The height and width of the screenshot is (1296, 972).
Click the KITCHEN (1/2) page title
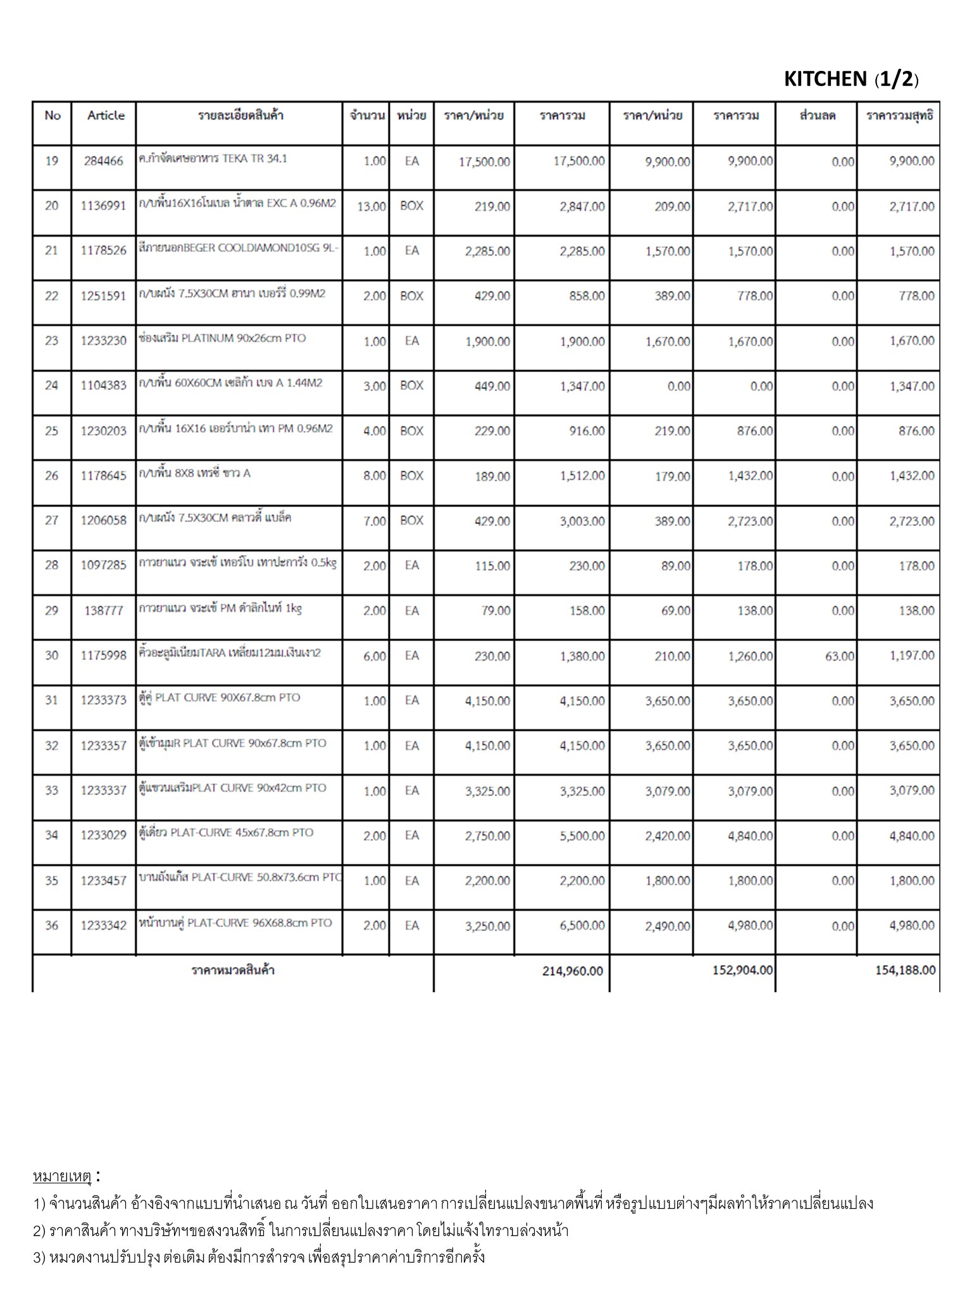tap(850, 79)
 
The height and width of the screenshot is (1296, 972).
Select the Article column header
tap(106, 115)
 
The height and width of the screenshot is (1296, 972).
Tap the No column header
tap(53, 115)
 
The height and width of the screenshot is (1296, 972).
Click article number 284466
tap(104, 161)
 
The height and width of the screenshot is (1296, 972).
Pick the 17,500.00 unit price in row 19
tap(484, 162)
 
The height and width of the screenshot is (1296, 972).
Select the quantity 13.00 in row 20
tap(371, 207)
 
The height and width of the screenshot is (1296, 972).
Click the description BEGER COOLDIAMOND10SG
tap(239, 249)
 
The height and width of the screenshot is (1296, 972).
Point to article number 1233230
tap(104, 341)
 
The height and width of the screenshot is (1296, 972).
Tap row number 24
tap(52, 385)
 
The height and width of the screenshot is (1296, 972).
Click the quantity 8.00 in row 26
tap(375, 476)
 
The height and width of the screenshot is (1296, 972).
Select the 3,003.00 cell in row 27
tap(582, 521)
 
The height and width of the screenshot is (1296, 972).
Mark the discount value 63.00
tap(839, 656)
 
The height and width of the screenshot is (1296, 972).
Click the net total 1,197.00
tap(912, 656)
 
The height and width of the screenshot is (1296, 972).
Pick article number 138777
tap(104, 611)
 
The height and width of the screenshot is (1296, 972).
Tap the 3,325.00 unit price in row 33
tap(487, 791)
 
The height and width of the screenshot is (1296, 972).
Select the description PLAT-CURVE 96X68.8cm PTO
tap(235, 923)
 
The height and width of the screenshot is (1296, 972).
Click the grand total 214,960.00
tap(573, 971)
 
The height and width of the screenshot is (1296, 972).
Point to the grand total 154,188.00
tap(905, 970)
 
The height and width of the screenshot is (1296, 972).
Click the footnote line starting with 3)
tap(259, 1257)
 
